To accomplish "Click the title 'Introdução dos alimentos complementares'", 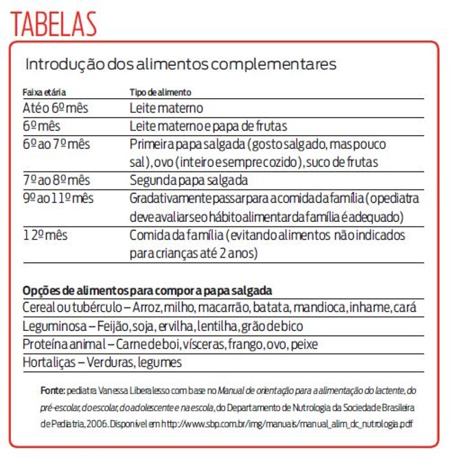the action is pos(181,65).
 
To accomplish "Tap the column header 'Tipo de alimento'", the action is pos(161,91).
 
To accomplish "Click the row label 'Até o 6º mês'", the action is pos(55,108).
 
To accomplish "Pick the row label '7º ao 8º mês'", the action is pos(56,180).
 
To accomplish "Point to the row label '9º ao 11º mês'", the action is pos(58,198).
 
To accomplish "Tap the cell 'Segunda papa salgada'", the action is pos(189,180).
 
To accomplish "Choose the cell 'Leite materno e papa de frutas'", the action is pos(208,126).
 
